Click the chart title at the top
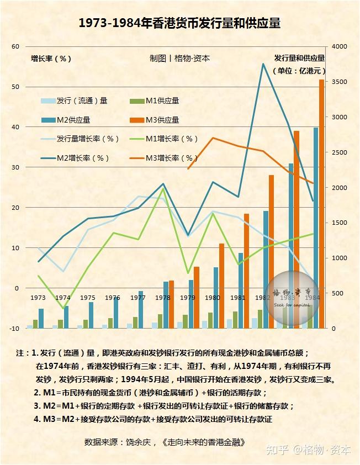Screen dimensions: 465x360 [x=179, y=23]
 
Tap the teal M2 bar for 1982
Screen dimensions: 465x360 [x=266, y=270]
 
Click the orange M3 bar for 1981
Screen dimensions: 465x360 [x=247, y=271]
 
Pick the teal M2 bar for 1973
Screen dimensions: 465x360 [x=41, y=318]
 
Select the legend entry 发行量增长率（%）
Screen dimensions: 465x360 [x=80, y=139]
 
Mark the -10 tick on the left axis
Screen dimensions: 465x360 [x=14, y=329]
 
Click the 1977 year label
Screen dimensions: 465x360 [x=137, y=298]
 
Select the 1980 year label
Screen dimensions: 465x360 [x=213, y=298]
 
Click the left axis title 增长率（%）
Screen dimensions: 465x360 [x=51, y=58]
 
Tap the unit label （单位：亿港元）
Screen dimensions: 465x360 [x=299, y=71]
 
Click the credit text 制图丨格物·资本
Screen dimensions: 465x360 [x=179, y=58]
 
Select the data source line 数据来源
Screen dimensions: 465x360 [x=165, y=442]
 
